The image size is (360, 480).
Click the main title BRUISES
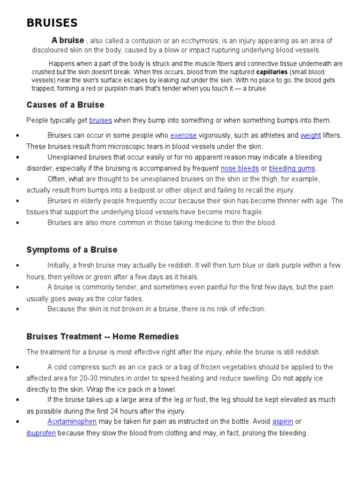52,23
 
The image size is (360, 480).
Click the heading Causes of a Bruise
65,105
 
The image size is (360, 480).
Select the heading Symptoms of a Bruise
72,250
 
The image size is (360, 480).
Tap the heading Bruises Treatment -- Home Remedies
103,337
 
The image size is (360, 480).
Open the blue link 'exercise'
183,135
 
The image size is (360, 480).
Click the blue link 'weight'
310,135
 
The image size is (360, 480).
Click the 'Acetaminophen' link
72,421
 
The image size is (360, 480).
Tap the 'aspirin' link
283,421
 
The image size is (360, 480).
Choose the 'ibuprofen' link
41,433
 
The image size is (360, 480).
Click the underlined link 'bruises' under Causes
100,120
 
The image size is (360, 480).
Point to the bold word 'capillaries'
272,72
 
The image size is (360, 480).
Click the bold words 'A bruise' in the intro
68,40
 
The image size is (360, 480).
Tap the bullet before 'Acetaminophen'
17,421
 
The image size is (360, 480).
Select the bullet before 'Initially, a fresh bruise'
17,265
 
